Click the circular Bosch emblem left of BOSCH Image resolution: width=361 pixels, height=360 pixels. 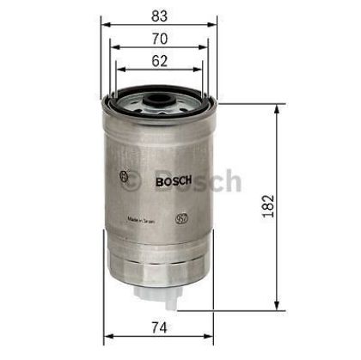tap(131, 178)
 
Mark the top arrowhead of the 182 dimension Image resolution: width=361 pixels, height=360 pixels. tap(276, 110)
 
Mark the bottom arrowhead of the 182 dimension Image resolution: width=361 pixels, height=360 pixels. tap(276, 306)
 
